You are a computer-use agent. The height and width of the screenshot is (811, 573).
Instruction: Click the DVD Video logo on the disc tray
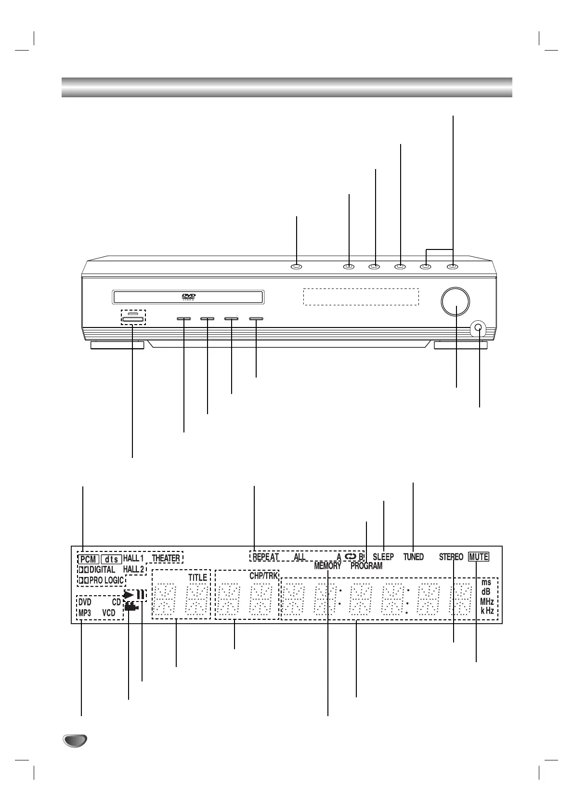pyautogui.click(x=188, y=297)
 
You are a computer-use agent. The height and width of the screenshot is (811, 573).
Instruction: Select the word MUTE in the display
pyautogui.click(x=479, y=557)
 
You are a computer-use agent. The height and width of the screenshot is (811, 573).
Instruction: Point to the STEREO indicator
pyautogui.click(x=451, y=557)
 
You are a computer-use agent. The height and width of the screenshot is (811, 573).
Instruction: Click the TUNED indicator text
pyautogui.click(x=413, y=557)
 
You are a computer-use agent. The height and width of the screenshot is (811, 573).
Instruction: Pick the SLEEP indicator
pyautogui.click(x=383, y=557)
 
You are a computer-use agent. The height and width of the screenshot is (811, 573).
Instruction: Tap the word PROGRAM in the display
pyautogui.click(x=366, y=566)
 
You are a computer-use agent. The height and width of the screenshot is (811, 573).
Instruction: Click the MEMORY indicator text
pyautogui.click(x=327, y=566)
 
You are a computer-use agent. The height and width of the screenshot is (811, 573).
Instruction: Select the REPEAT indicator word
pyautogui.click(x=266, y=557)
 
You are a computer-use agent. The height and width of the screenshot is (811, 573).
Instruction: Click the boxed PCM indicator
pyautogui.click(x=89, y=559)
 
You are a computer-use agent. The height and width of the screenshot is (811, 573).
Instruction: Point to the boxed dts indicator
pyautogui.click(x=111, y=559)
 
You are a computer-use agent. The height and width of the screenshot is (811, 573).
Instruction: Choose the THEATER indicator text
pyautogui.click(x=166, y=559)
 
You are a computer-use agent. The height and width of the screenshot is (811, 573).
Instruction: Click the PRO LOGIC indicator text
pyautogui.click(x=106, y=580)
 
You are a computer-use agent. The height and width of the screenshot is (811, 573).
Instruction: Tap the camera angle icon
pyautogui.click(x=131, y=607)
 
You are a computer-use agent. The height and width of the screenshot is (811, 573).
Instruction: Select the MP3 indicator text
pyautogui.click(x=85, y=613)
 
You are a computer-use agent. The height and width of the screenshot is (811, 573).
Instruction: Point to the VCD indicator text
pyautogui.click(x=109, y=613)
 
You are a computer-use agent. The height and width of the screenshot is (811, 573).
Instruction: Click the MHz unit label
pyautogui.click(x=487, y=602)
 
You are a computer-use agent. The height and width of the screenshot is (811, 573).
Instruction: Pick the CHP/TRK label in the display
pyautogui.click(x=263, y=576)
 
